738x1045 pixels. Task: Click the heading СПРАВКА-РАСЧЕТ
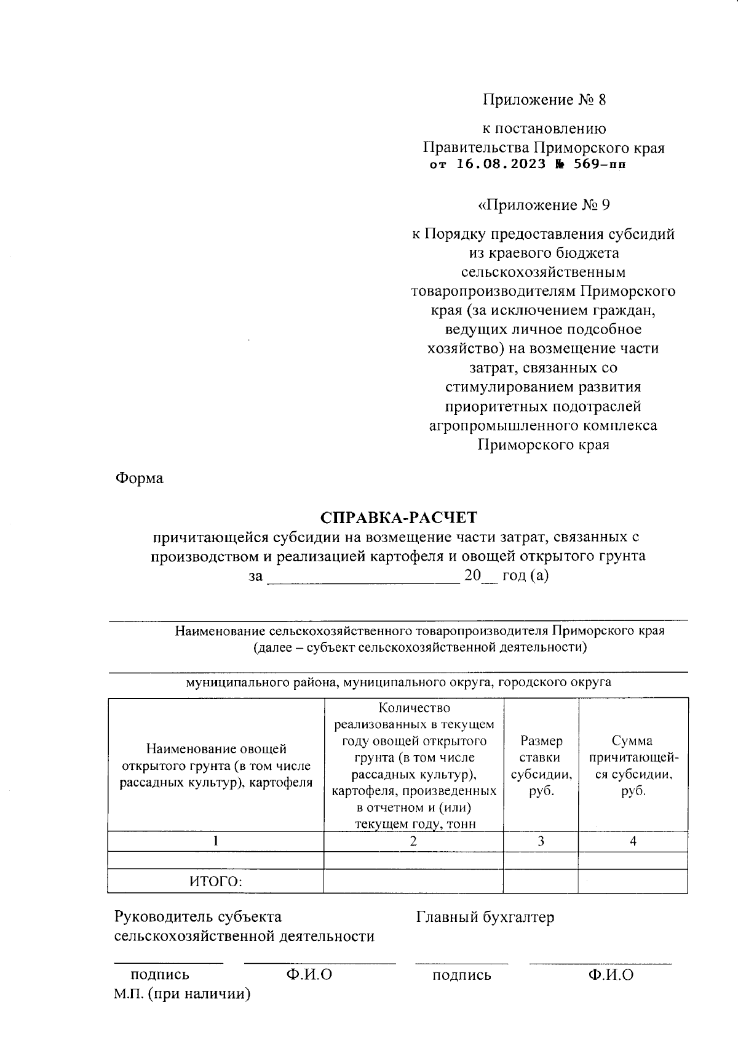pyautogui.click(x=399, y=516)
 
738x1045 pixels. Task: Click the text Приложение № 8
pyautogui.click(x=544, y=100)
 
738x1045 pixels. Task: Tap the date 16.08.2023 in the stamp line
pyautogui.click(x=501, y=164)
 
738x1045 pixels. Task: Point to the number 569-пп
pyautogui.click(x=599, y=164)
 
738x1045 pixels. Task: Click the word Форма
pyautogui.click(x=139, y=478)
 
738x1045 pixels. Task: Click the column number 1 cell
pyautogui.click(x=215, y=841)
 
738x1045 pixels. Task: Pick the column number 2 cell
pyautogui.click(x=413, y=841)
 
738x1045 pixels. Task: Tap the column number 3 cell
pyautogui.click(x=541, y=841)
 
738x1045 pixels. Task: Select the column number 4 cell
pyautogui.click(x=633, y=841)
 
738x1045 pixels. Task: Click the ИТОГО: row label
pyautogui.click(x=215, y=881)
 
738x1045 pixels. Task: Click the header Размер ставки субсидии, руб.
pyautogui.click(x=541, y=766)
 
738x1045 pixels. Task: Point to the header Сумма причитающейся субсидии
pyautogui.click(x=633, y=766)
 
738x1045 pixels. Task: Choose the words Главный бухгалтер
pyautogui.click(x=485, y=917)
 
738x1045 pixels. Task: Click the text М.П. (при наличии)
pyautogui.click(x=182, y=994)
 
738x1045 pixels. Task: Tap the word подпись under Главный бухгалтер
pyautogui.click(x=461, y=975)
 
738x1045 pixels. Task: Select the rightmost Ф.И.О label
pyautogui.click(x=610, y=974)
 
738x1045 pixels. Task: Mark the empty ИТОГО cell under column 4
pyautogui.click(x=633, y=881)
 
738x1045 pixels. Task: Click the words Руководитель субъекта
pyautogui.click(x=198, y=917)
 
